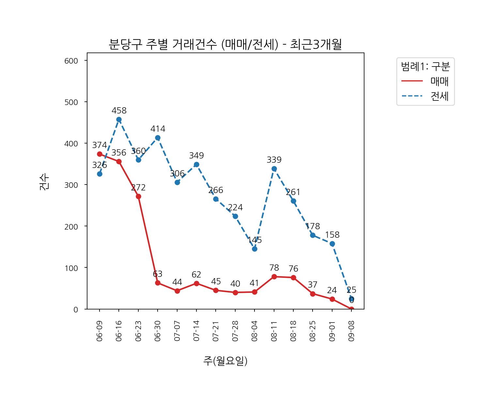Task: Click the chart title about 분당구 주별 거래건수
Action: (x=225, y=44)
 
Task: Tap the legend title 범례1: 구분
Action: (x=425, y=67)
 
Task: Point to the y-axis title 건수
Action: (x=44, y=182)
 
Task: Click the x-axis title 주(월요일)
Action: (x=225, y=361)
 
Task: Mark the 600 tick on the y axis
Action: (x=71, y=61)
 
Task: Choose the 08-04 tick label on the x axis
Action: (x=254, y=331)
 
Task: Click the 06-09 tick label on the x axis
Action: (x=100, y=331)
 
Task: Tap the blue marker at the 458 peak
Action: (x=119, y=120)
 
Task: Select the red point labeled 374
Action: (x=100, y=154)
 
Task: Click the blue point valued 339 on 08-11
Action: (x=274, y=169)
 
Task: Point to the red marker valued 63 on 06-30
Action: (x=158, y=283)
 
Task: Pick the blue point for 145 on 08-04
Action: (x=254, y=249)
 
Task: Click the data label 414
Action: (x=158, y=129)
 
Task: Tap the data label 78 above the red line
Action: (x=274, y=268)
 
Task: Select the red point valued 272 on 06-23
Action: (x=138, y=197)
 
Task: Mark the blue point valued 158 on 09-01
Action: (x=332, y=244)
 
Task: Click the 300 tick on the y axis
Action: (x=71, y=185)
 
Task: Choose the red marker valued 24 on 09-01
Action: (x=332, y=299)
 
